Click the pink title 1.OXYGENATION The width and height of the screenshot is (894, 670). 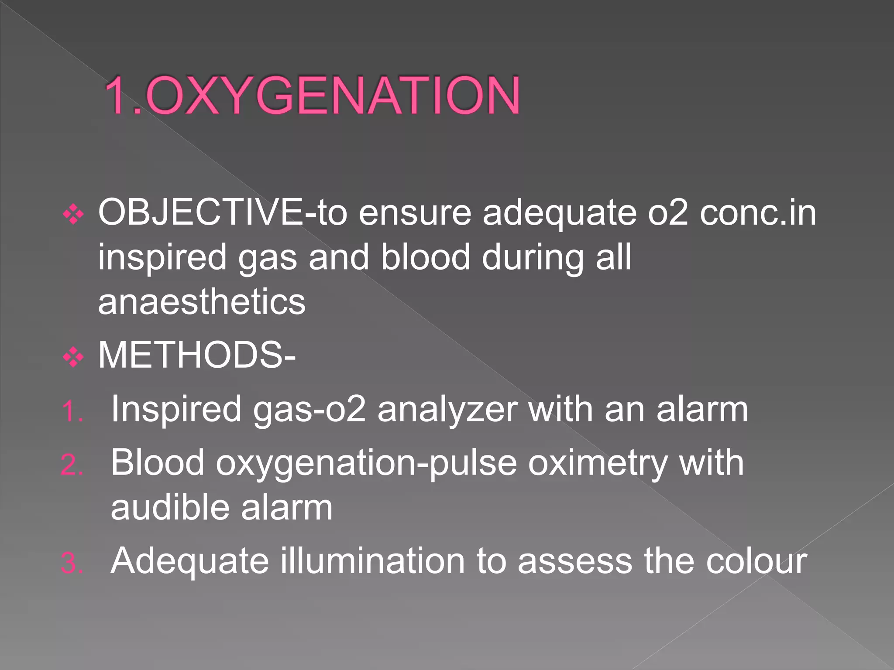[312, 95]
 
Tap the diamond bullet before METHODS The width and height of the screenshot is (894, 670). [73, 358]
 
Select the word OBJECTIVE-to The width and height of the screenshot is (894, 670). [223, 213]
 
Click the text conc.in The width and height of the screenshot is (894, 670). [757, 213]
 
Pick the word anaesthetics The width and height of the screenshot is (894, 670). [202, 302]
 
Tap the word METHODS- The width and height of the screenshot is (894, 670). [197, 356]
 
